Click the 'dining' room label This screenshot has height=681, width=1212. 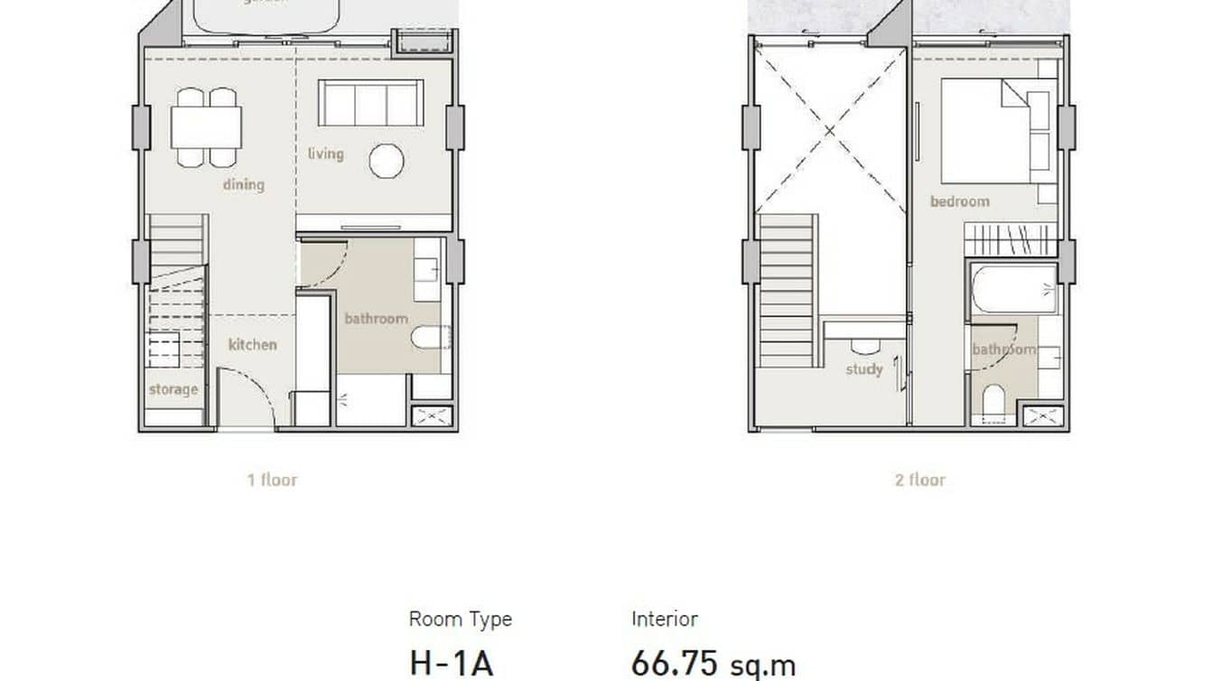tap(244, 184)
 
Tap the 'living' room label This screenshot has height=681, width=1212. tap(325, 154)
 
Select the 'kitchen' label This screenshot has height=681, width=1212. tap(252, 344)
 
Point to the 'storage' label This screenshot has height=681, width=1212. tap(173, 389)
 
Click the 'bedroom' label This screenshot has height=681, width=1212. tap(959, 201)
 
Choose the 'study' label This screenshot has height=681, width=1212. tap(863, 368)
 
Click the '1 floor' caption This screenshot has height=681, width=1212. tap(272, 480)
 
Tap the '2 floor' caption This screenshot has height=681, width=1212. tap(919, 480)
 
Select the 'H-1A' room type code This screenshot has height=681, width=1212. tap(452, 664)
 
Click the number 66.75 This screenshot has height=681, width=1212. tap(673, 664)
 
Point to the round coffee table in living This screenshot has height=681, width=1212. tap(386, 161)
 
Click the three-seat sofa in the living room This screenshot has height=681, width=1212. tap(370, 103)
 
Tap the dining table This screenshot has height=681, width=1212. tap(206, 127)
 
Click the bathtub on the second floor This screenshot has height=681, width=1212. tap(1013, 289)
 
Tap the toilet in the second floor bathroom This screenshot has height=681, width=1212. tap(993, 400)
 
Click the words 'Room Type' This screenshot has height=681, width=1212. tap(460, 619)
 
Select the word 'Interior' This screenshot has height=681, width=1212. tap(664, 619)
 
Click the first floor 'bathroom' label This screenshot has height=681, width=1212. tap(376, 318)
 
